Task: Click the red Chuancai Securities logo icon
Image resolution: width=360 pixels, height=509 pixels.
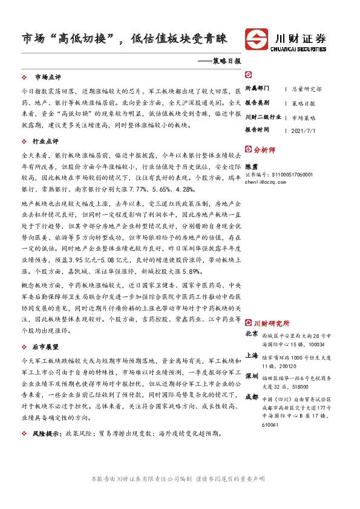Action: pyautogui.click(x=256, y=39)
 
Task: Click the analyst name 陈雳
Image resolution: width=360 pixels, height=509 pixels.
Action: pyautogui.click(x=250, y=164)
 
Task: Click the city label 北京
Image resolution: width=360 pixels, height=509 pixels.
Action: pyautogui.click(x=252, y=334)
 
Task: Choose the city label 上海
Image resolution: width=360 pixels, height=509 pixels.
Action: pyautogui.click(x=252, y=356)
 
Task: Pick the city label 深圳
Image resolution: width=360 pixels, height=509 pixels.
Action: pyautogui.click(x=252, y=377)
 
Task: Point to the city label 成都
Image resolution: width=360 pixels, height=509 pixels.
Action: pyautogui.click(x=252, y=397)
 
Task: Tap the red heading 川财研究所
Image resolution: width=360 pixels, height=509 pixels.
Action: pyautogui.click(x=271, y=323)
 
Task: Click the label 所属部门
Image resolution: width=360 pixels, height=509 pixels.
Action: pyautogui.click(x=257, y=88)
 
